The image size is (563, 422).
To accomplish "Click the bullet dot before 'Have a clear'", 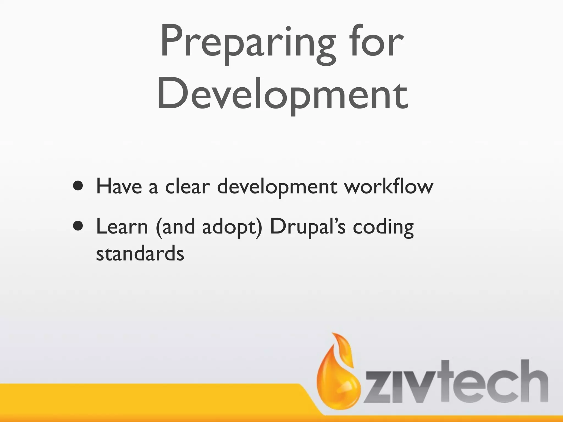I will coord(78,186).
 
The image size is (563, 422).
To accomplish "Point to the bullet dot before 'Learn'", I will coord(78,226).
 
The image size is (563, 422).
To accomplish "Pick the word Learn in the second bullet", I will coord(122,227).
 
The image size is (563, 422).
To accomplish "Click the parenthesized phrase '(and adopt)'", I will coord(209,227).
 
